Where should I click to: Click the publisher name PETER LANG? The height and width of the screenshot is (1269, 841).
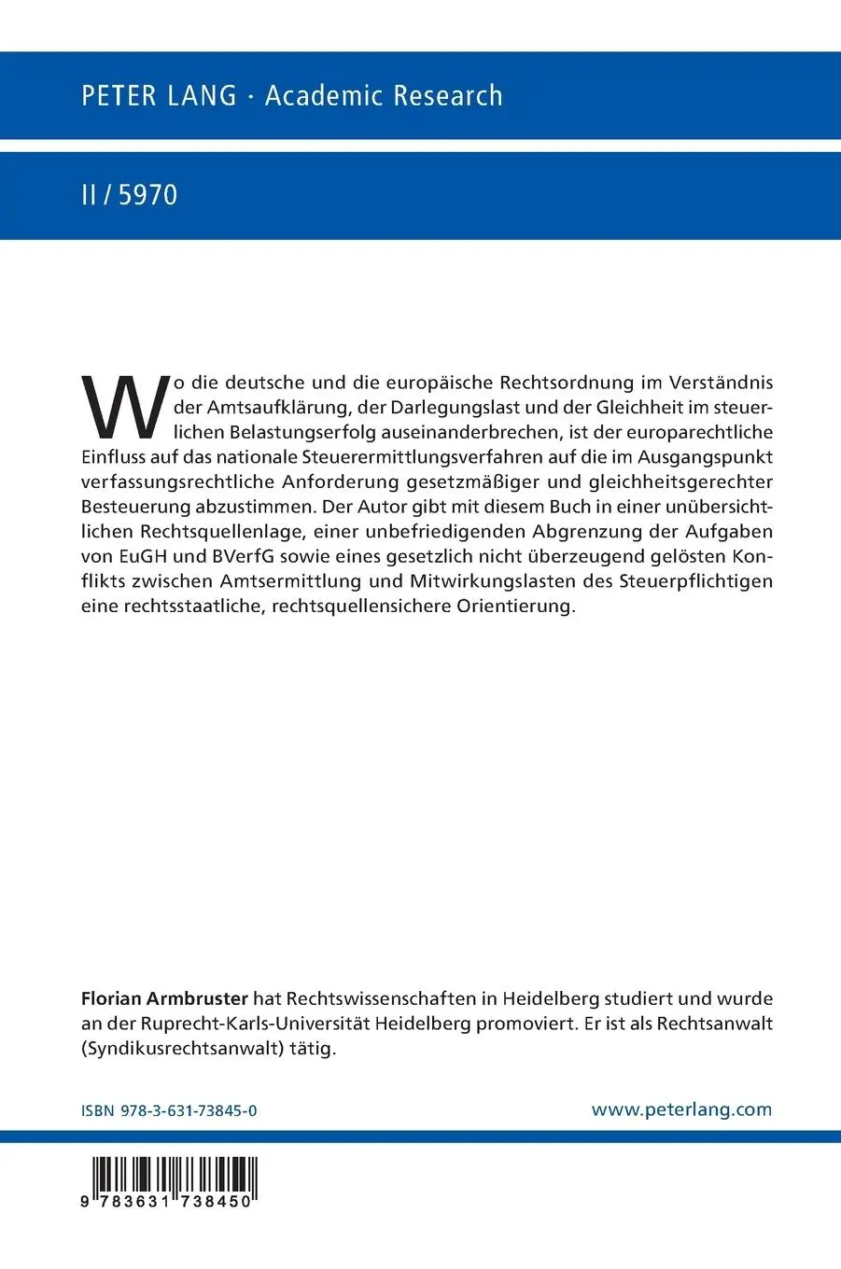[159, 96]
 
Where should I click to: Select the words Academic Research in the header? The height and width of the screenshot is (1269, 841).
[384, 96]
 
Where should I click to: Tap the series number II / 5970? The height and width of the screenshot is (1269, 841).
[129, 195]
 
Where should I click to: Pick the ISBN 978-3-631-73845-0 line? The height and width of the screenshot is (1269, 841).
[169, 1110]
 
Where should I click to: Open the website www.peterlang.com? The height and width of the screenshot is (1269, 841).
[681, 1109]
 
